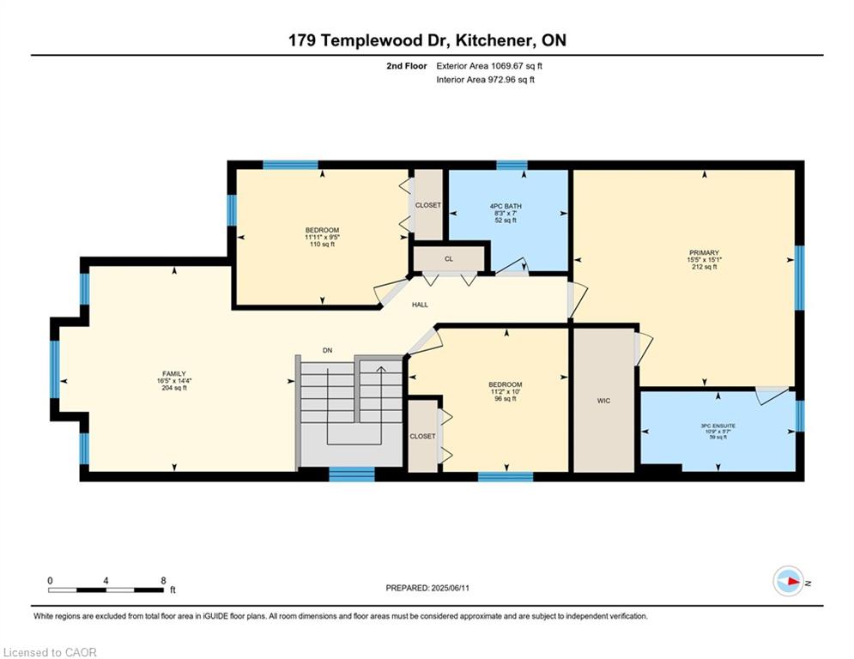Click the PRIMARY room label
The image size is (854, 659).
coord(704,253)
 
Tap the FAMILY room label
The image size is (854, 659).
coord(174,373)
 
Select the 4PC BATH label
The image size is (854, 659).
coord(506,206)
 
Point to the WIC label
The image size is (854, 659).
coord(603,401)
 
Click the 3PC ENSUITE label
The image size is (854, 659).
coord(718,426)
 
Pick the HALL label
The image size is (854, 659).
coord(420,305)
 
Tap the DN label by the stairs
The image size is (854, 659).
coord(327,351)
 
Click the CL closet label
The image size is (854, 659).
coord(449,259)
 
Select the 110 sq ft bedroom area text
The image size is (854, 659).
coord(323,245)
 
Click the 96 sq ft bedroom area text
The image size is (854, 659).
coord(506,399)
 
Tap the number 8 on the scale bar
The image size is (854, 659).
coord(163,581)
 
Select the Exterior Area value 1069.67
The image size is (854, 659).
coord(507,66)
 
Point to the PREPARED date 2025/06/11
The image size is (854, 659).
coord(450,588)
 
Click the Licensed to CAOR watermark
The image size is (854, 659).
coord(50,652)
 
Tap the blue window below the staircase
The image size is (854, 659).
coord(352,475)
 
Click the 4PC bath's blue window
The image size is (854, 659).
coord(512,165)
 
